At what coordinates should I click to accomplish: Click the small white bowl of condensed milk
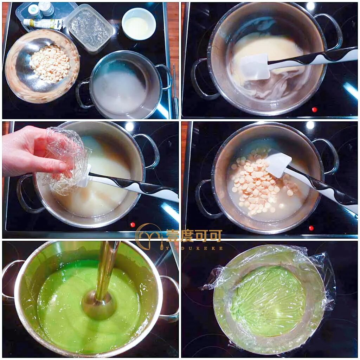[x=139, y=24]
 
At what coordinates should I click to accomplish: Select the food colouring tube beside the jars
[x=43, y=23]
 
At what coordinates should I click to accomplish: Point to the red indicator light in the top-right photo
[x=315, y=110]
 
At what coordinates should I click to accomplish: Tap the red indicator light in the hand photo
[x=133, y=225]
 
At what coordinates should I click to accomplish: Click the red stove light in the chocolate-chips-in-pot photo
[x=311, y=228]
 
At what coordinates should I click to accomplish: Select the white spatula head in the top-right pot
[x=255, y=67]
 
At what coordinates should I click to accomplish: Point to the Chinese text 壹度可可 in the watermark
[x=194, y=236]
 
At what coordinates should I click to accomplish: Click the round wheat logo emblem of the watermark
[x=149, y=237]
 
